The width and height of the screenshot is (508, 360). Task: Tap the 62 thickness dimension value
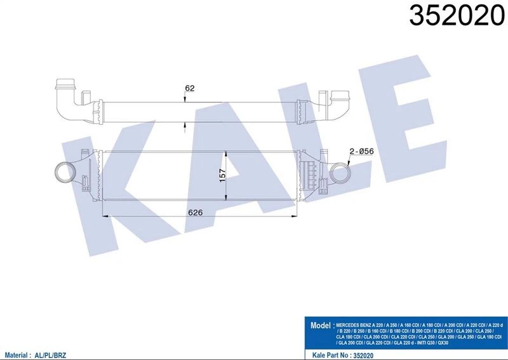click(x=190, y=88)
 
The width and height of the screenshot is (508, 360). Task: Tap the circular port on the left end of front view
click(x=64, y=171)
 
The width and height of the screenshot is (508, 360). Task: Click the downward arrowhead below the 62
click(x=185, y=99)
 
